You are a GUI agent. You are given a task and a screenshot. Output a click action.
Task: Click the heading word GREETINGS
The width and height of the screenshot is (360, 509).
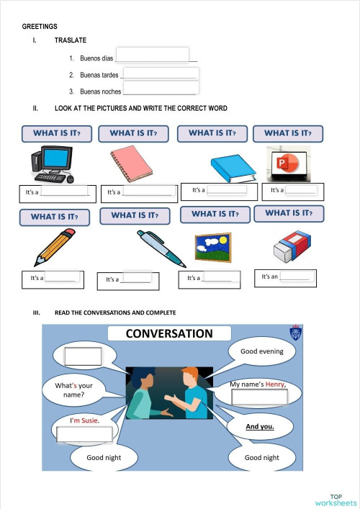pyautogui.click(x=40, y=26)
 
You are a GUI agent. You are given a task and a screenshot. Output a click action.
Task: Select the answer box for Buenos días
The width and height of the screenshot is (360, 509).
pyautogui.click(x=152, y=55)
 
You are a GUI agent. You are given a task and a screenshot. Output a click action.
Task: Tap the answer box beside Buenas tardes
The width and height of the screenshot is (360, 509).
pyautogui.click(x=161, y=73)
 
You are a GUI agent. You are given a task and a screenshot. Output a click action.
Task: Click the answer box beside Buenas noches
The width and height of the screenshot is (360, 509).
pyautogui.click(x=160, y=89)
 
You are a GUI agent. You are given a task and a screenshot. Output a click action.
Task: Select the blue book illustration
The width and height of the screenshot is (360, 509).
pyautogui.click(x=232, y=168)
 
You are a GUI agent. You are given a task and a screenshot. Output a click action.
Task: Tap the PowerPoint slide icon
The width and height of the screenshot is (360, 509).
pyautogui.click(x=288, y=163)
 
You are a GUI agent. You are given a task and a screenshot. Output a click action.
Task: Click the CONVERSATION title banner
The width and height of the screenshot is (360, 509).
pyautogui.click(x=169, y=333)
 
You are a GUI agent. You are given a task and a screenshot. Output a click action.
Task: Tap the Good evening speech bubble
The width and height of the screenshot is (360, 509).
pyautogui.click(x=262, y=351)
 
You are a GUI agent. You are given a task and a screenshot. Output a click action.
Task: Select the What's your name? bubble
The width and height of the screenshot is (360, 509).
pyautogui.click(x=73, y=390)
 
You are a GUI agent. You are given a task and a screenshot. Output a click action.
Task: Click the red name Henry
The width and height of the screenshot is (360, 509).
pyautogui.click(x=275, y=384)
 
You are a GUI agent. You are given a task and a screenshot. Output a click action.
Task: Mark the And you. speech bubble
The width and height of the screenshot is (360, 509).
pyautogui.click(x=260, y=426)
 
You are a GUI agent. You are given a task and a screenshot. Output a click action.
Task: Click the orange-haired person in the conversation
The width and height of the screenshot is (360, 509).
pyautogui.click(x=191, y=394)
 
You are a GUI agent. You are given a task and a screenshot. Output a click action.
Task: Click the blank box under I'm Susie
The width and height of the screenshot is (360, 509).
pyautogui.click(x=84, y=434)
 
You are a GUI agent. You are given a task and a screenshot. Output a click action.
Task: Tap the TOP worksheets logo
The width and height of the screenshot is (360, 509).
pyautogui.click(x=336, y=500)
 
